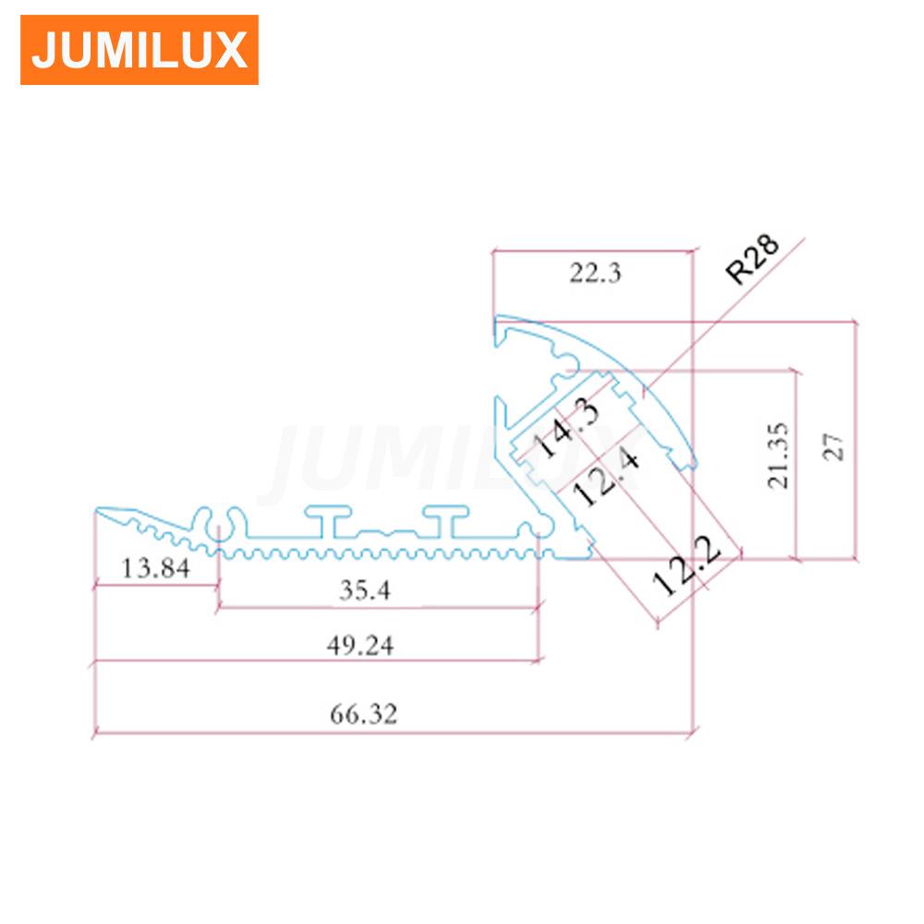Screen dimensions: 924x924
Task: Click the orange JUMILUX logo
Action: (x=140, y=50)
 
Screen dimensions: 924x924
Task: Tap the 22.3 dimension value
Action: (x=595, y=273)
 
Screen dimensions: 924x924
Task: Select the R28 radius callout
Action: (x=752, y=259)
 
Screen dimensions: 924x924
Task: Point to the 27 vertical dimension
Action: (x=833, y=446)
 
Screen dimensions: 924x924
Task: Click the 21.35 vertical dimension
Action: (x=777, y=456)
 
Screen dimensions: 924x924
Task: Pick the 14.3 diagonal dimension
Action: (x=565, y=427)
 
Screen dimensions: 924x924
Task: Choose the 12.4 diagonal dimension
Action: (x=605, y=475)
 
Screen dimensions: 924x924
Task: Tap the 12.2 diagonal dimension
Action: (x=686, y=565)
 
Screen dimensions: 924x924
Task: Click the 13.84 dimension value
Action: (x=155, y=568)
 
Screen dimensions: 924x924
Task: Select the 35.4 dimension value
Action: (x=365, y=590)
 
